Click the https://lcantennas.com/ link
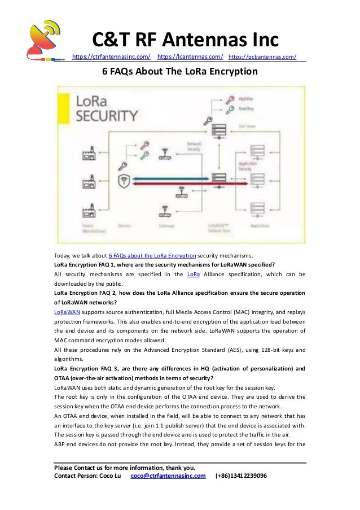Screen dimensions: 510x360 pyautogui.click(x=190, y=56)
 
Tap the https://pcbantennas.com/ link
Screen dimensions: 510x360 pyautogui.click(x=263, y=56)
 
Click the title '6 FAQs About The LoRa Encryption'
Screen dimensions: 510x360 pyautogui.click(x=179, y=72)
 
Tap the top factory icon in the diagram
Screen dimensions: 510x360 pyautogui.click(x=87, y=153)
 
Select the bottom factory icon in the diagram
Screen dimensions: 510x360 pyautogui.click(x=87, y=212)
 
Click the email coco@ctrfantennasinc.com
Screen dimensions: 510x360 pyautogui.click(x=168, y=476)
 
